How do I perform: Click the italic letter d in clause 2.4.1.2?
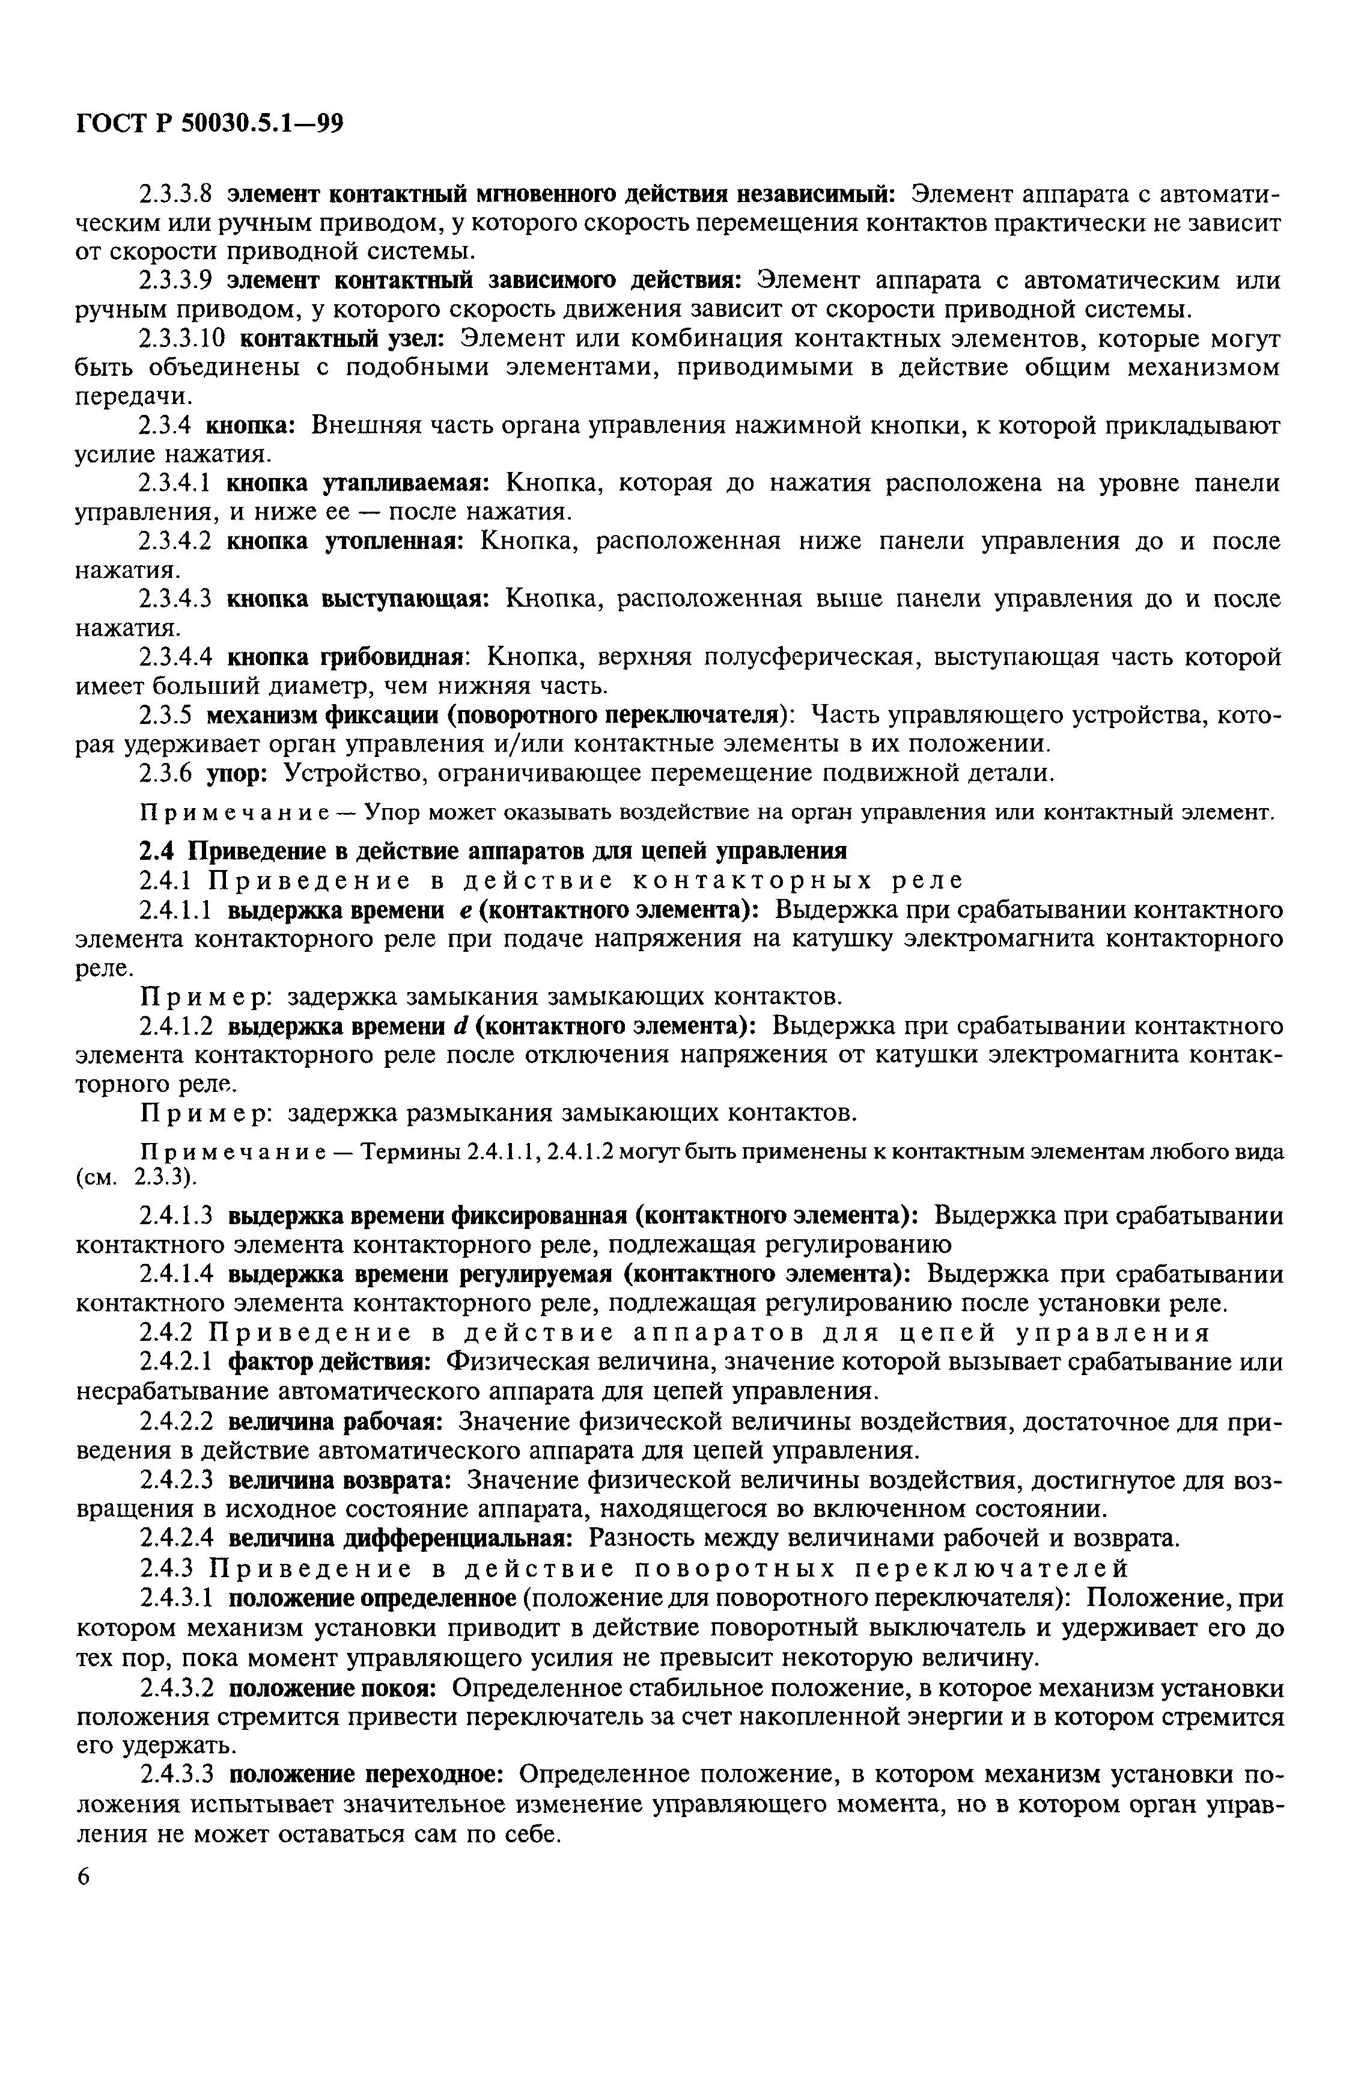pyautogui.click(x=466, y=1026)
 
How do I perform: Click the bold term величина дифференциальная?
pyautogui.click(x=400, y=1537)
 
